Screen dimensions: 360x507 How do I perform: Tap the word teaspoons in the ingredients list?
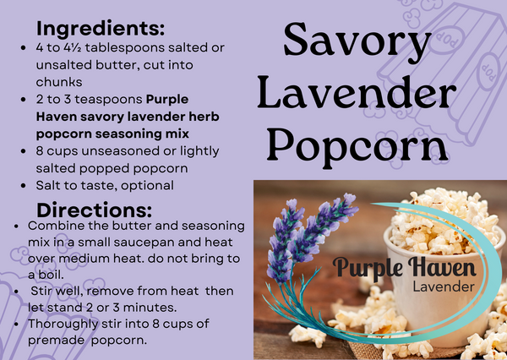(x=106, y=100)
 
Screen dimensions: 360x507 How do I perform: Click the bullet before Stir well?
(x=19, y=292)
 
